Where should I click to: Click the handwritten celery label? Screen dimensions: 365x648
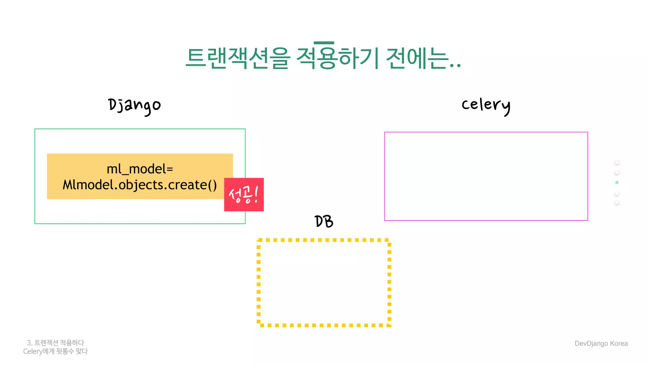coord(486,105)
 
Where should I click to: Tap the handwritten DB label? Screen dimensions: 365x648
coord(324,221)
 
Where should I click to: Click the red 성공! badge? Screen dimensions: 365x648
coord(244,195)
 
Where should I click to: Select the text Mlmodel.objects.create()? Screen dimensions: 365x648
coord(140,185)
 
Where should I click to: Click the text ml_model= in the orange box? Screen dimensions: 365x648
coord(140,169)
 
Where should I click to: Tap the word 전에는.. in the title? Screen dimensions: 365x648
coord(423,58)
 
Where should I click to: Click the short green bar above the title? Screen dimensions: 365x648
coord(324,43)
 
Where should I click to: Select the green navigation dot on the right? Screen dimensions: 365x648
coord(617,182)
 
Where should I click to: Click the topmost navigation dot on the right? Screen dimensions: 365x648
coord(617,163)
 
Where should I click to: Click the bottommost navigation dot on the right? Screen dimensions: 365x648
coord(617,203)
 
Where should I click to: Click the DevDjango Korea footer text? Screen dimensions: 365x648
coord(601,343)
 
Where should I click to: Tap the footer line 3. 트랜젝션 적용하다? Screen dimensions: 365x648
coord(56,343)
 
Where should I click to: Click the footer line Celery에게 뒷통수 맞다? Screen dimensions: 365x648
coord(55,351)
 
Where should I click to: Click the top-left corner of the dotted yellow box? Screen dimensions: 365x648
coord(259,240)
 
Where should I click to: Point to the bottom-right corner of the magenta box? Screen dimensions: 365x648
coord(588,220)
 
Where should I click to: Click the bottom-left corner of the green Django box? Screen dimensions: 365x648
coord(35,223)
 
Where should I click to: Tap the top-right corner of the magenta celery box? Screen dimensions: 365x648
coord(588,132)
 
